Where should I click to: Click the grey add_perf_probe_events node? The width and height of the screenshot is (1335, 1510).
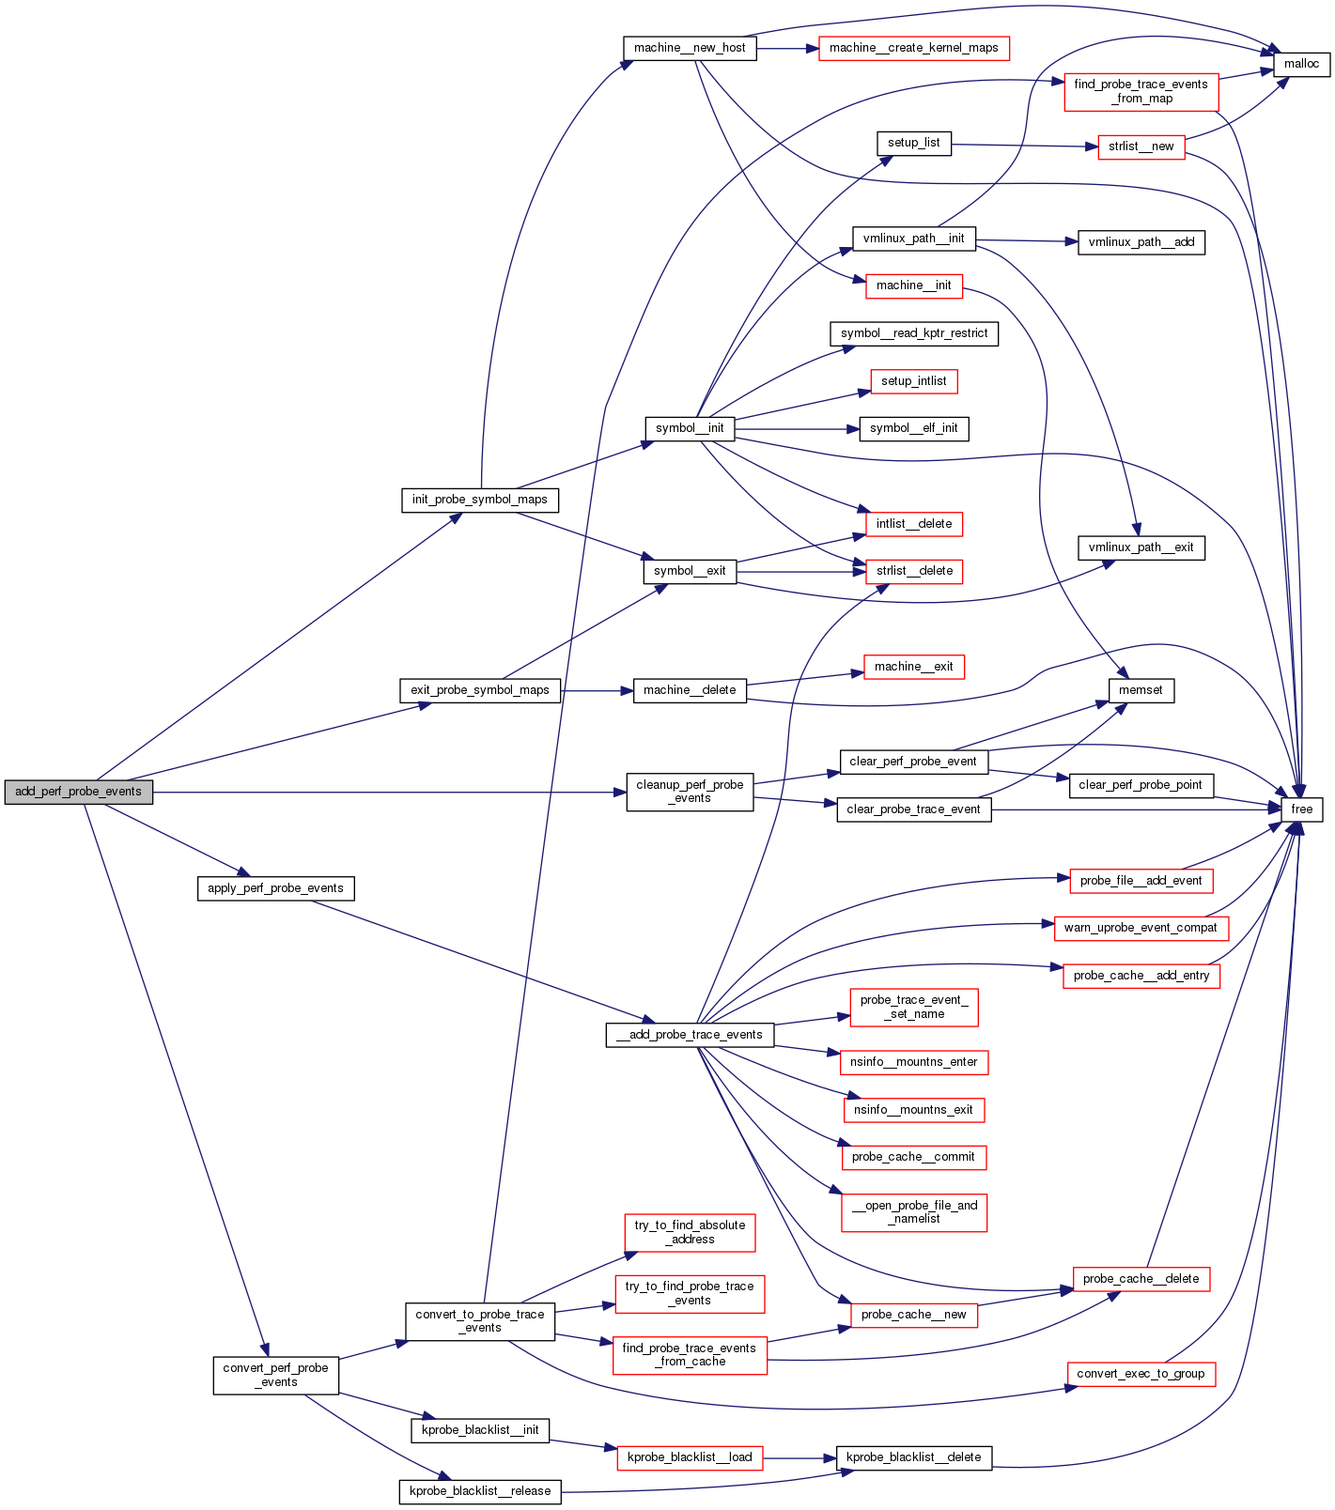point(78,792)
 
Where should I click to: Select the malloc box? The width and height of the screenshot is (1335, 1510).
point(1301,64)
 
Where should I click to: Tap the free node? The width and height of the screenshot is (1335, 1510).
point(1301,809)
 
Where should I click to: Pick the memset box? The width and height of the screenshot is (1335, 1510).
point(1141,690)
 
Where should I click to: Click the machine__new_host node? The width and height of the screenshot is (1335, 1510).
point(690,48)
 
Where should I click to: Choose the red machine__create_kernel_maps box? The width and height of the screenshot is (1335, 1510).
point(913,48)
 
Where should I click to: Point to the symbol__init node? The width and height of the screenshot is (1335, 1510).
point(690,428)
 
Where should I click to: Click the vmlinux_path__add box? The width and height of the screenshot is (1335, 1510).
point(1141,242)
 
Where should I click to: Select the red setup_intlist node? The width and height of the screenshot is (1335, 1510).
point(913,381)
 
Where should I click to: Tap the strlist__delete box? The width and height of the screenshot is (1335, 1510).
point(913,571)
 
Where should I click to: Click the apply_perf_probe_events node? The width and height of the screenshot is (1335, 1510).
point(275,888)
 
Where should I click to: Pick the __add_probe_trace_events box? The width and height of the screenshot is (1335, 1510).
point(690,1035)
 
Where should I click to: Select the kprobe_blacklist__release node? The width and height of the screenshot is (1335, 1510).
point(479,1491)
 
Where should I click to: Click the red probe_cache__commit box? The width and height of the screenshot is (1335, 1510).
point(913,1157)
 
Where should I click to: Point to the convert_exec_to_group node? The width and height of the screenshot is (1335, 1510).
point(1141,1374)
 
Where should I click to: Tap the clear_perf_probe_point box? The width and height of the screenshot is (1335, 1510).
point(1141,785)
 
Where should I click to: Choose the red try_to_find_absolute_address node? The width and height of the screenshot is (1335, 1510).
point(690,1232)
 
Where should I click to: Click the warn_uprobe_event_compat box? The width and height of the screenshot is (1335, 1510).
point(1141,928)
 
